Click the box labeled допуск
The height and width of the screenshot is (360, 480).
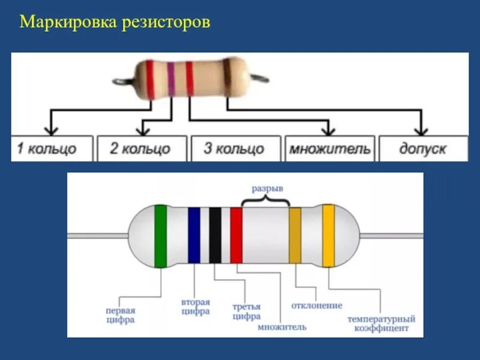tap(422, 148)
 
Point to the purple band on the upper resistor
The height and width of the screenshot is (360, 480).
tap(170, 79)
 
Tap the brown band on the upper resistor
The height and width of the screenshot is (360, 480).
tap(226, 79)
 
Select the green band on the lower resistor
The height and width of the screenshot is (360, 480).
tap(160, 236)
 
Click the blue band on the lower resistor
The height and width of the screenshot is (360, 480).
tap(194, 236)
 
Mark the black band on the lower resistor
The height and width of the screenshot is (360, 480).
tap(215, 236)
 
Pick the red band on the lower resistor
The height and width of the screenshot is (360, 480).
tap(236, 236)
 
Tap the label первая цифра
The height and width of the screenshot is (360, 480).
tap(120, 316)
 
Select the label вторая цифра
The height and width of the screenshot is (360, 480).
tap(195, 307)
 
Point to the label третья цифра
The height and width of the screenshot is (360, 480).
tap(246, 311)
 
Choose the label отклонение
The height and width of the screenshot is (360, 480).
tap(317, 306)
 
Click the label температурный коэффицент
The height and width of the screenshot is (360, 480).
tap(382, 324)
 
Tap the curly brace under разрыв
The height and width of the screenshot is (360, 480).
tap(266, 200)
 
